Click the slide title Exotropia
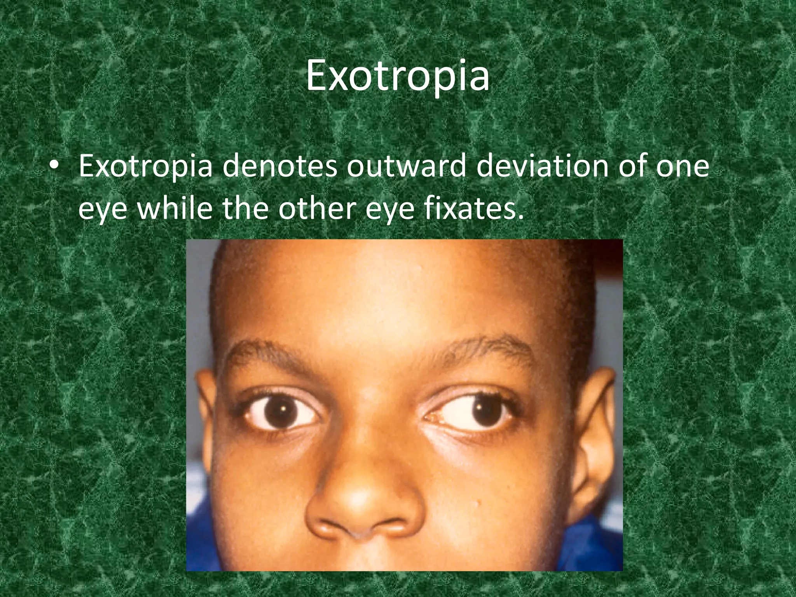pyautogui.click(x=397, y=76)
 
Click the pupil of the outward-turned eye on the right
pyautogui.click(x=486, y=412)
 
